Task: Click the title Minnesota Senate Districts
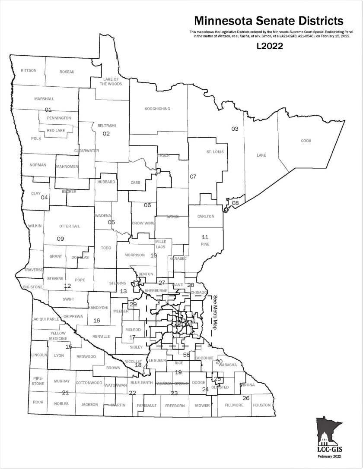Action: [268, 21]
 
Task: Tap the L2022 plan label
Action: [269, 46]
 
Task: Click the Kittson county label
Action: [29, 70]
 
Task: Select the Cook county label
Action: [306, 141]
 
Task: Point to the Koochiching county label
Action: [157, 109]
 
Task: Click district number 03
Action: [235, 129]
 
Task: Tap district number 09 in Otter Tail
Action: [60, 239]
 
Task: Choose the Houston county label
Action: [261, 405]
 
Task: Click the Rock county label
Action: [38, 402]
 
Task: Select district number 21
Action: [65, 393]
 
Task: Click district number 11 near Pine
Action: [205, 237]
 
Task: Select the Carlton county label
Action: [206, 216]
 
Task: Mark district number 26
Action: [246, 398]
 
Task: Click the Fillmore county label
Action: [234, 405]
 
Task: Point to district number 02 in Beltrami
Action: [106, 134]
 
